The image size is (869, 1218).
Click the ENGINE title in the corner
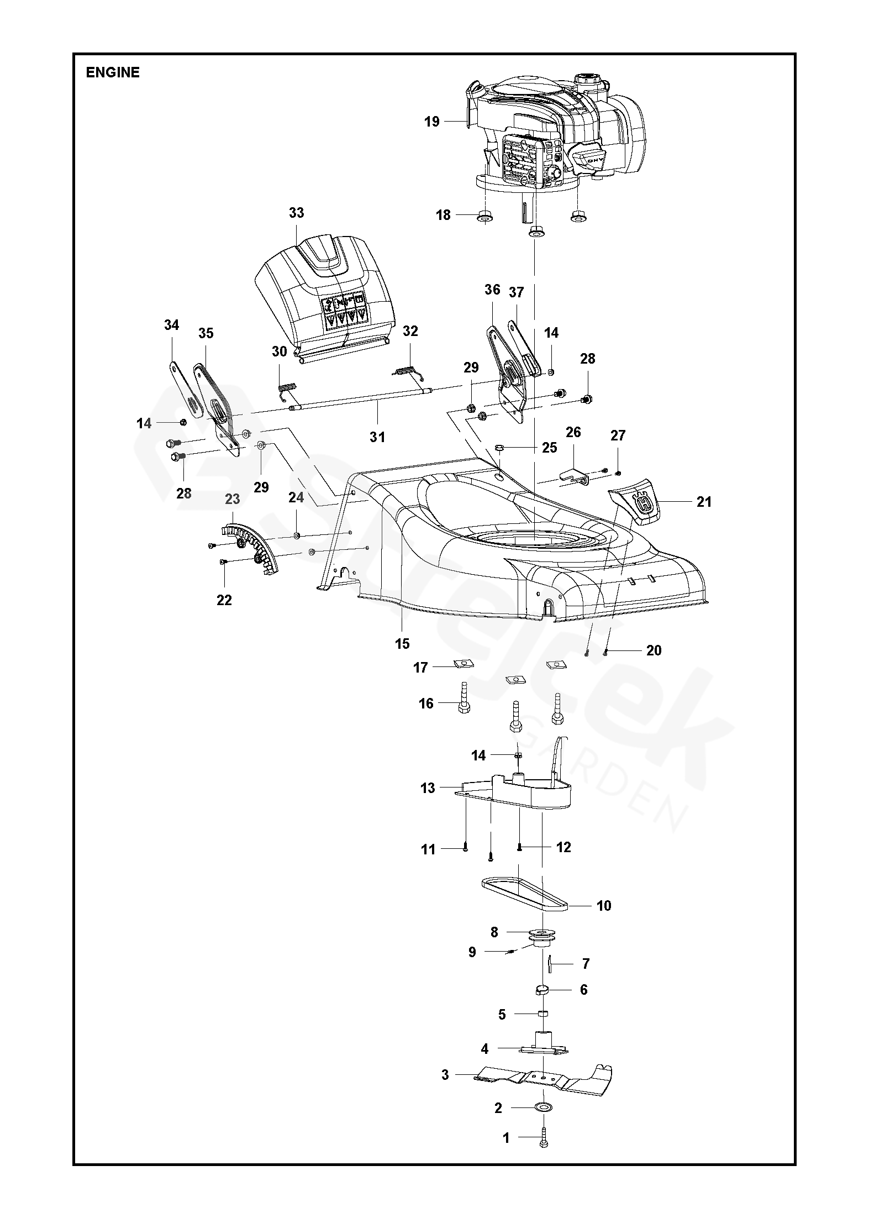113,72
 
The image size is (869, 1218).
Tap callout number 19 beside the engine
432,121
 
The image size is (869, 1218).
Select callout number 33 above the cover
297,213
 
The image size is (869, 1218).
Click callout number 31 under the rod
377,437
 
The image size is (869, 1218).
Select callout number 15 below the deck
402,643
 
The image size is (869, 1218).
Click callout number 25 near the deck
549,447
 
